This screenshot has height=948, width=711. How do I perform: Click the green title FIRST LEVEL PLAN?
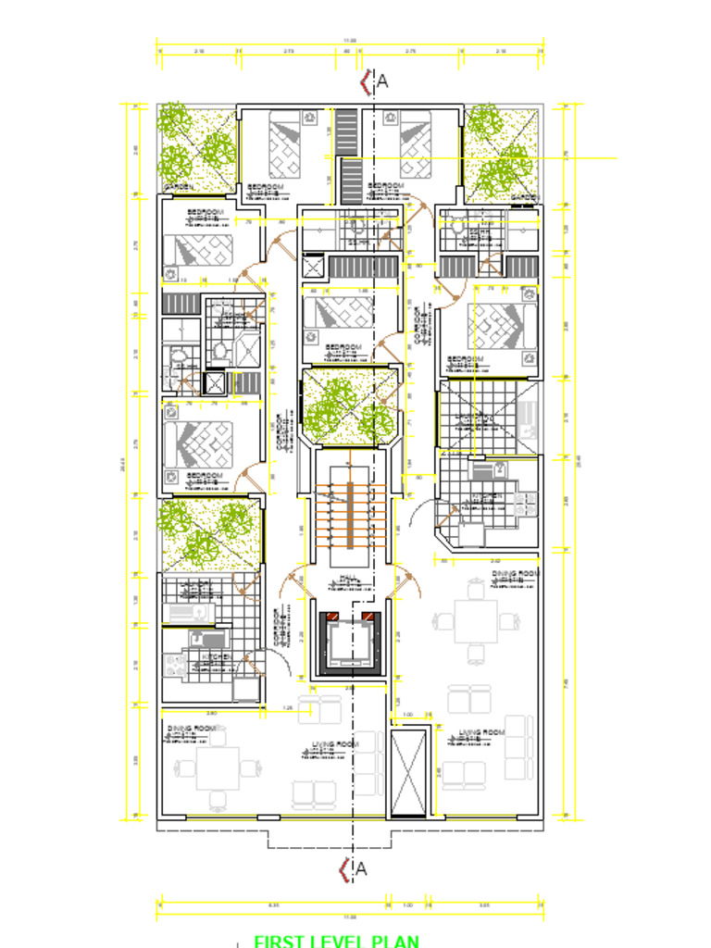(x=336, y=941)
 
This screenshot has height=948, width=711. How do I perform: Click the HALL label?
(x=349, y=579)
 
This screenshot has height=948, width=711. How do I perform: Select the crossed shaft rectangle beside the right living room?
(x=409, y=773)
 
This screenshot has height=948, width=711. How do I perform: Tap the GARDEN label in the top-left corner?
(x=178, y=187)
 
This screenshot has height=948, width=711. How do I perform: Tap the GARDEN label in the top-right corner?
(x=524, y=196)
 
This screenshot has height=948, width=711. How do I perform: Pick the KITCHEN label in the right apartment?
(x=487, y=495)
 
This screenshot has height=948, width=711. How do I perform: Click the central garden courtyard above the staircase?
(x=349, y=407)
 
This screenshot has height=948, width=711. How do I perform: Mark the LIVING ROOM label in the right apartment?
(x=482, y=733)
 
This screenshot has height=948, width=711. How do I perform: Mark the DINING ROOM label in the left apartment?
(x=192, y=729)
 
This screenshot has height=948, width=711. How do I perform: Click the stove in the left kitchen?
(x=175, y=666)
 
